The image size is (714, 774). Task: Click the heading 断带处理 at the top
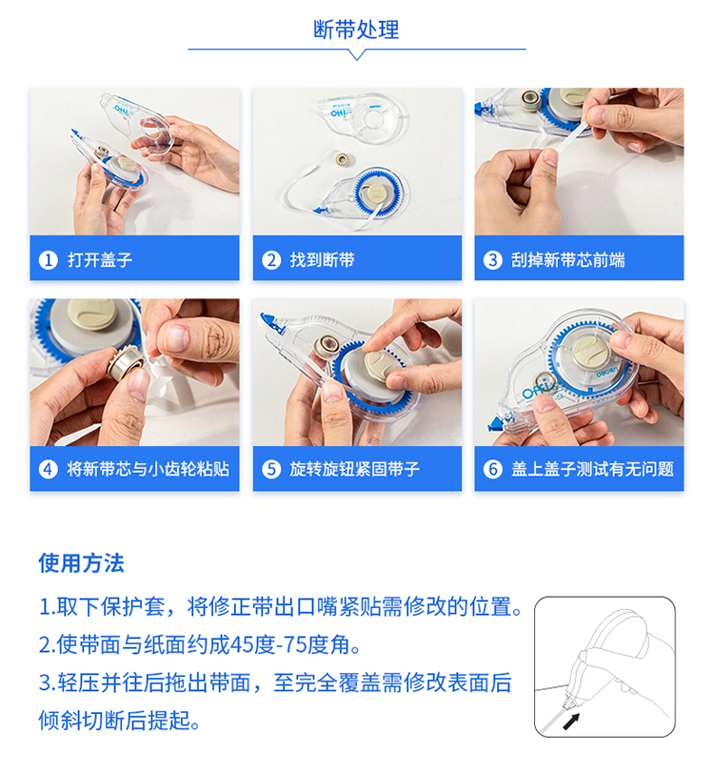(356, 30)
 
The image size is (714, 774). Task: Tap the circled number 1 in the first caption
(49, 259)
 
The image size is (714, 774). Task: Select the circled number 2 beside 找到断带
(271, 259)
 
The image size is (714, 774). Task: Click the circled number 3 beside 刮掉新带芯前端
(492, 259)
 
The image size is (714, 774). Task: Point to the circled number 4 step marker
(49, 469)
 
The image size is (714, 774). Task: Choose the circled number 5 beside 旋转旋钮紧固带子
(271, 469)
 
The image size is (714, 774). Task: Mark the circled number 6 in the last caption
(492, 469)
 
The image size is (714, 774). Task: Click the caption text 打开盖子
(100, 259)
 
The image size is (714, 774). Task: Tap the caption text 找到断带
(322, 259)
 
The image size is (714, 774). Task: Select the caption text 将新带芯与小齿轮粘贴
(148, 469)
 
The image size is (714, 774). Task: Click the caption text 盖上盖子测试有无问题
(592, 469)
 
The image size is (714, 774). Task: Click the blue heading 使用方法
(81, 563)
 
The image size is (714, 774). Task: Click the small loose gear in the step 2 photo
(341, 159)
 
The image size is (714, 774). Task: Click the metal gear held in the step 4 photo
(126, 363)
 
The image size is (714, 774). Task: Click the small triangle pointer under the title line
(356, 54)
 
